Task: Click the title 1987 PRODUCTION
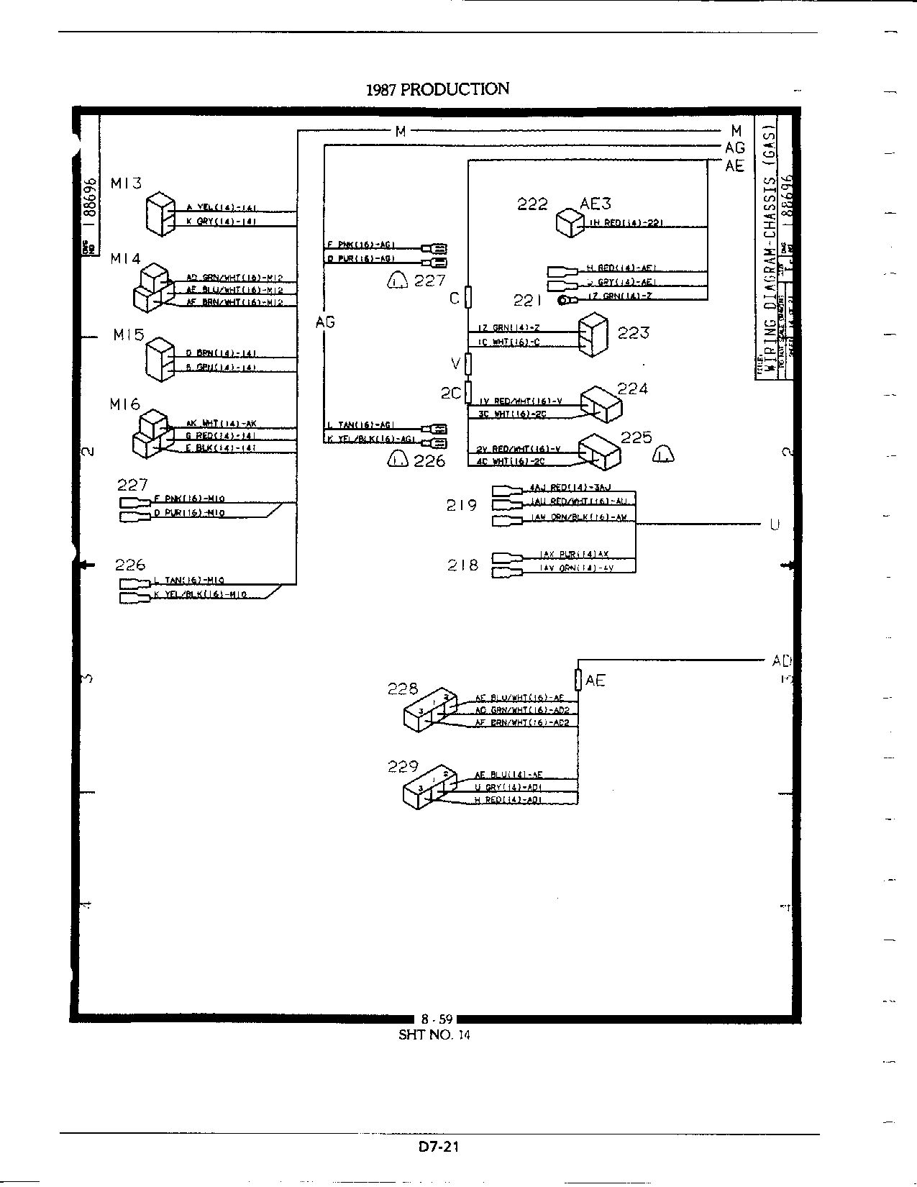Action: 437,89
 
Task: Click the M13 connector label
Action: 126,183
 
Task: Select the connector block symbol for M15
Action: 159,358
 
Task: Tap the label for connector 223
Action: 633,332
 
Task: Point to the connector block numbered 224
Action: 601,406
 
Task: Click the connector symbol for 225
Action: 599,452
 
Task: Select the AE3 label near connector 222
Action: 596,204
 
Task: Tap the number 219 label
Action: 462,505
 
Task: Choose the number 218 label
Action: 462,565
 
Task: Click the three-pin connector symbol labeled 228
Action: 429,709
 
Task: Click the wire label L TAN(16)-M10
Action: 189,580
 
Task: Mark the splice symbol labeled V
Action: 468,364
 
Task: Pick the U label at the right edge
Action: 775,525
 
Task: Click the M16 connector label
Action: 125,405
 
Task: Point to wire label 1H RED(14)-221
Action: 626,223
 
